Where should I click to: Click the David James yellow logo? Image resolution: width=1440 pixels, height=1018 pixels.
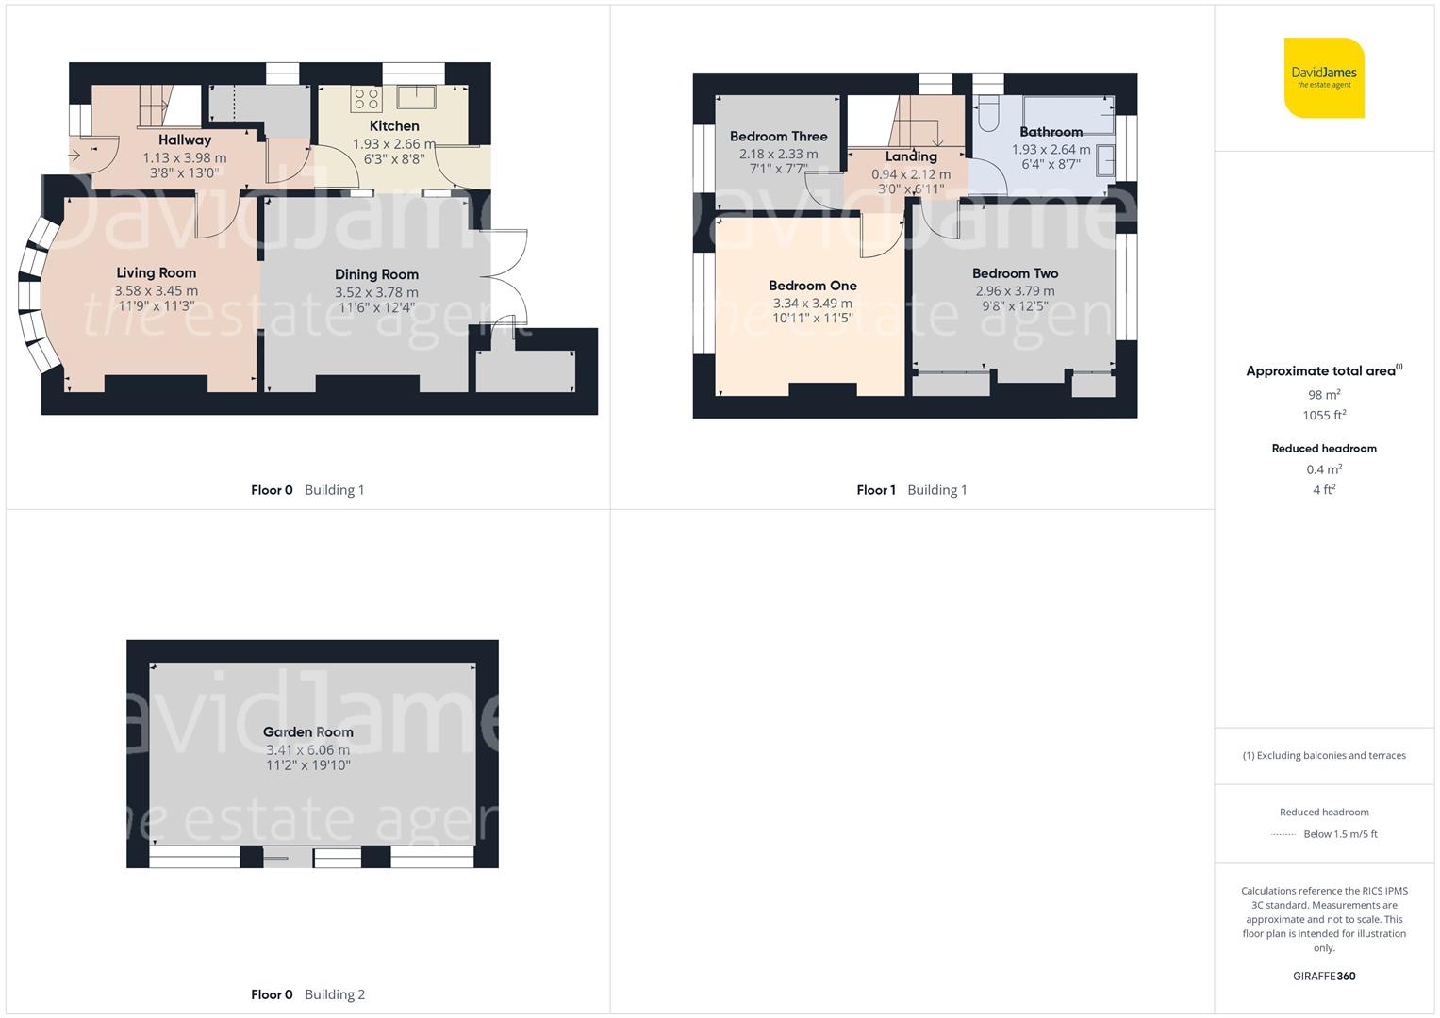tap(1324, 78)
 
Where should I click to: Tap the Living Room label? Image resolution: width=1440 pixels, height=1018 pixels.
tap(157, 273)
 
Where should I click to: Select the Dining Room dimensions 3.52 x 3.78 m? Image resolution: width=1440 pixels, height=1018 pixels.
tap(376, 292)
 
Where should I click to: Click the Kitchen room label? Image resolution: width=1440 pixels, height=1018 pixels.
tap(394, 126)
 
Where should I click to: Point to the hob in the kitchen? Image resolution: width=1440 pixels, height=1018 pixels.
tap(366, 98)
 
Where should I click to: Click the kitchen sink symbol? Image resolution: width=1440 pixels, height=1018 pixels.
tap(416, 96)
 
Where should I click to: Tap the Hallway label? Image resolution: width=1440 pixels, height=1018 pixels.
tap(185, 140)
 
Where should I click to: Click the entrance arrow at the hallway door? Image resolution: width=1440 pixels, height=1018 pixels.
tap(75, 156)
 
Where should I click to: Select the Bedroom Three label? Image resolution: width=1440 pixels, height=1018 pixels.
tap(778, 137)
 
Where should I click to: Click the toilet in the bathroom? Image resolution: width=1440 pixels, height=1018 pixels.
tap(988, 114)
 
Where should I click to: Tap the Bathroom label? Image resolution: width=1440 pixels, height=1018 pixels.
tap(1051, 133)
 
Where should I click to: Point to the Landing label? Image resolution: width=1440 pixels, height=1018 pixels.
tap(911, 157)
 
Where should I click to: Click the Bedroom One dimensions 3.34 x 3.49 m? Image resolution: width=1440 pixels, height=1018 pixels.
tap(812, 304)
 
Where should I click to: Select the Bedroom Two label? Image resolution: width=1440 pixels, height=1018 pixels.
tap(1015, 274)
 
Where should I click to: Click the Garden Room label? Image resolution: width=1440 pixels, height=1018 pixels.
tap(308, 732)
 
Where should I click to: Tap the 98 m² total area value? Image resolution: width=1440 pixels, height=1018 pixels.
tap(1324, 395)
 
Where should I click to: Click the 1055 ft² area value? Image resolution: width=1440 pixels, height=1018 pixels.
tap(1324, 416)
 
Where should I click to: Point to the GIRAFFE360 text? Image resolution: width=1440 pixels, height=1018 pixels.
tap(1324, 977)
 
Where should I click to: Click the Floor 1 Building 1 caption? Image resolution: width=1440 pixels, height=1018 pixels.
tap(911, 490)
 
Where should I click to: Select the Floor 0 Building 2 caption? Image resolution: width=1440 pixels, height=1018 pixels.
tap(307, 994)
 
